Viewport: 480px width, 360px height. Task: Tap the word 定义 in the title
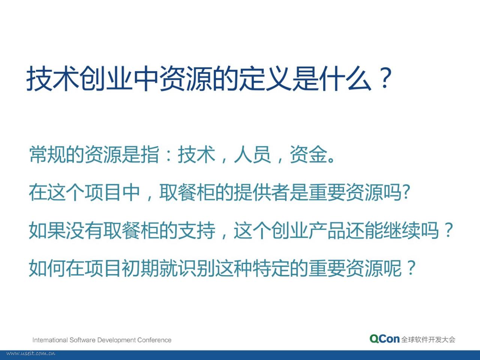click(x=265, y=78)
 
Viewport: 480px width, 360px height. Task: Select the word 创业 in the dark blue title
click(x=106, y=78)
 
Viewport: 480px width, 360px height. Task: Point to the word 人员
click(x=252, y=154)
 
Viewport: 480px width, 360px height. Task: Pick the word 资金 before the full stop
click(x=308, y=154)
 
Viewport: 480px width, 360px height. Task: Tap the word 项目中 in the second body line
click(x=112, y=192)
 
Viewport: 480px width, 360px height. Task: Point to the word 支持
click(x=197, y=230)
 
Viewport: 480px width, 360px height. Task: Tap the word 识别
click(x=197, y=268)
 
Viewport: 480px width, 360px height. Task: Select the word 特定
click(x=271, y=268)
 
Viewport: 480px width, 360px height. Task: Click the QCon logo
click(x=385, y=339)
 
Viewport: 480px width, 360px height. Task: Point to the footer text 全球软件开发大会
click(x=428, y=339)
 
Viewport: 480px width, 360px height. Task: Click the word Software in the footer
click(x=82, y=340)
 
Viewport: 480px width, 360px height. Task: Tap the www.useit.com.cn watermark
click(x=31, y=353)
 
